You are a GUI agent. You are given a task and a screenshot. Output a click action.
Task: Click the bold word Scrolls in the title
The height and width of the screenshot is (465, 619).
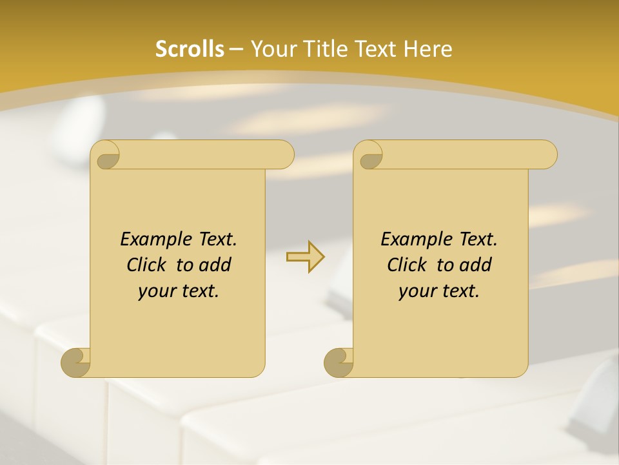190,49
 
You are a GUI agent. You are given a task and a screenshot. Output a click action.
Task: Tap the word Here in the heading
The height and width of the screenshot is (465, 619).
427,49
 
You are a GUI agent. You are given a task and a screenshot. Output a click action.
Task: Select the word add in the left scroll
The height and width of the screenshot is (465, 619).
216,265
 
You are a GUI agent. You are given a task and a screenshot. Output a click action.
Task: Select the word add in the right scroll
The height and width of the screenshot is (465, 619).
477,265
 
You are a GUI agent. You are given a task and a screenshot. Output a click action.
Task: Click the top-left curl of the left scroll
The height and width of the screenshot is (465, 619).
106,156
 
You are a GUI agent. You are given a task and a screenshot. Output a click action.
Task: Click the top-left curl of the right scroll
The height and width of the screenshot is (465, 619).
369,156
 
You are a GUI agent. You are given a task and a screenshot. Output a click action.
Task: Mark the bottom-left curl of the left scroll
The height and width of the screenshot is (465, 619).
75,362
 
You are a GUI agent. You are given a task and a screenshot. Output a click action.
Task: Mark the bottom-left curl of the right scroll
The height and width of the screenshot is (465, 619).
338,362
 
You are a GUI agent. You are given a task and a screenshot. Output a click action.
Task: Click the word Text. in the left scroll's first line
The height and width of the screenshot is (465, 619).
215,239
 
